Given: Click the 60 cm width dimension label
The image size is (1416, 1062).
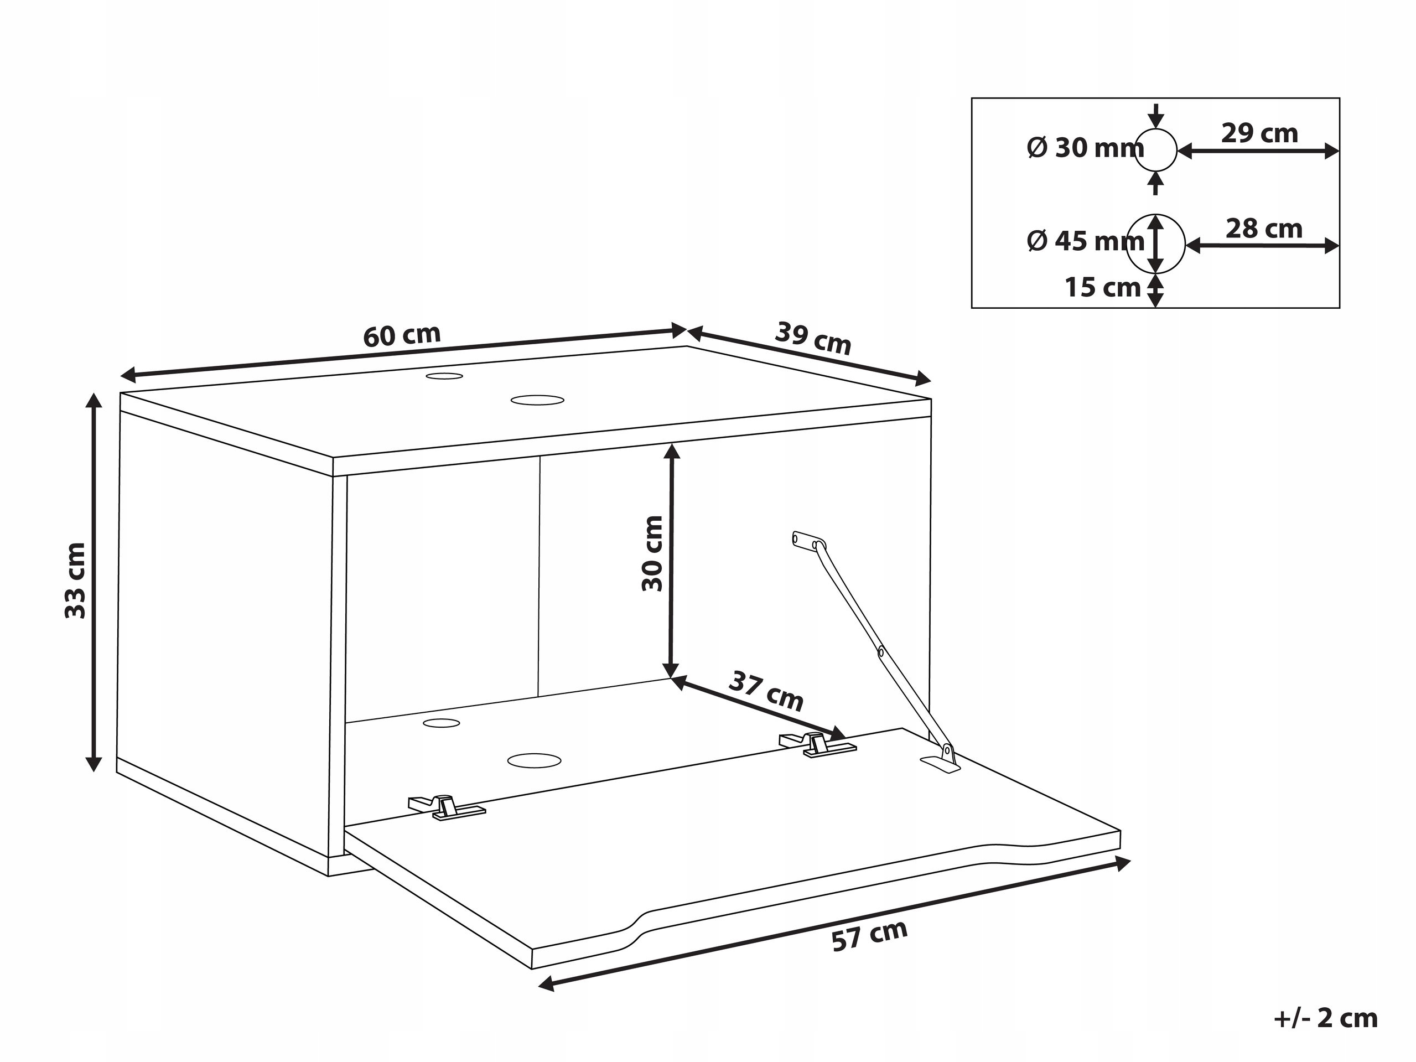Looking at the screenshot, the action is [402, 335].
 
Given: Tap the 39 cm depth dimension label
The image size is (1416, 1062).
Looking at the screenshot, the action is [813, 338].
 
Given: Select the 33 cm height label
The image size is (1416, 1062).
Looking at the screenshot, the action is [76, 581].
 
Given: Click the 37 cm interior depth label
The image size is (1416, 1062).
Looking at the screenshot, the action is [766, 691].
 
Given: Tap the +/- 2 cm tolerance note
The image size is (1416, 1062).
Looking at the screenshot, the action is [1326, 1018].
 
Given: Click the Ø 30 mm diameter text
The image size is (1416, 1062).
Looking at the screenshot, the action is [1086, 148].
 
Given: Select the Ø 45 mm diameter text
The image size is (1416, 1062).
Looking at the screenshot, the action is [1086, 241].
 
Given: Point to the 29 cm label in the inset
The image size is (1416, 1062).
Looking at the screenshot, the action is [1259, 133].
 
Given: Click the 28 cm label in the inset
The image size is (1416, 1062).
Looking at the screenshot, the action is [1264, 229].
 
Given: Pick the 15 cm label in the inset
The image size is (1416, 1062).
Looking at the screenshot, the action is [1103, 287].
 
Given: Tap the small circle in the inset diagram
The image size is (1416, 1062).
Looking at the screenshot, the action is [1155, 130].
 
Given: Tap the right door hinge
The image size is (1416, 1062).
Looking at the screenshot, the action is [817, 746].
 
